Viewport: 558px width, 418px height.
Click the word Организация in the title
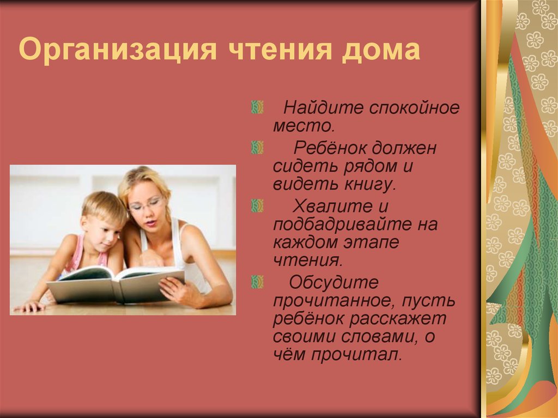pos(118,49)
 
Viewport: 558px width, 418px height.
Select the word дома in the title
pos(381,49)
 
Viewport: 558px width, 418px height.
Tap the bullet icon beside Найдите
pos(257,107)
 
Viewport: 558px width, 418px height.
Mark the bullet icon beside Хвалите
pos(257,205)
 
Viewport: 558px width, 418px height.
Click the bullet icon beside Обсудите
pos(257,282)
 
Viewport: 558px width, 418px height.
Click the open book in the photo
pos(116,283)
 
